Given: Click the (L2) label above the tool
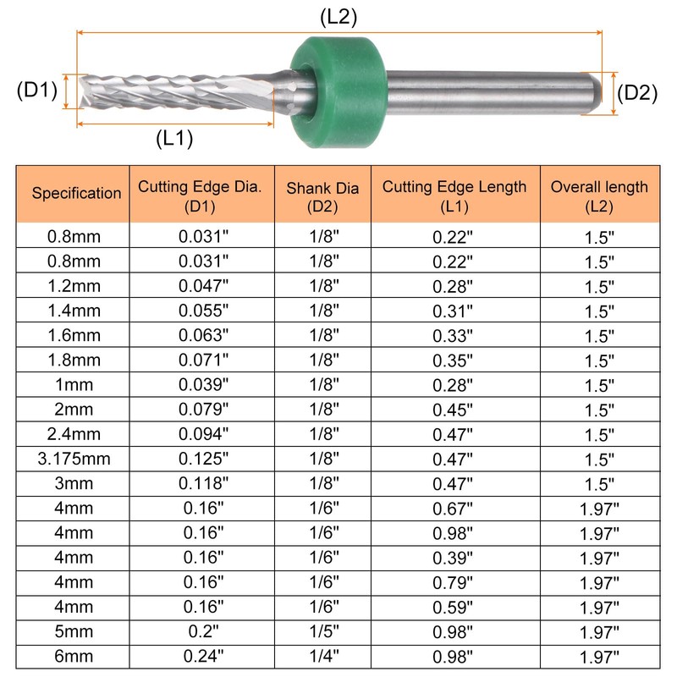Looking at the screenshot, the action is [338, 17].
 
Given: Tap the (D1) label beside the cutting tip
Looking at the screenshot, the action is [36, 91].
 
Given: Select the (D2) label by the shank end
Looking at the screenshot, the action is [637, 93].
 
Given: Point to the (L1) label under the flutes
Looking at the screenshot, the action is [174, 138].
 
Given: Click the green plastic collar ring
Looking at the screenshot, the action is [338, 92].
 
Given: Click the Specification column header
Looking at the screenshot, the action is [76, 193].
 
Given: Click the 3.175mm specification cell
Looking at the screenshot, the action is [74, 459].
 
